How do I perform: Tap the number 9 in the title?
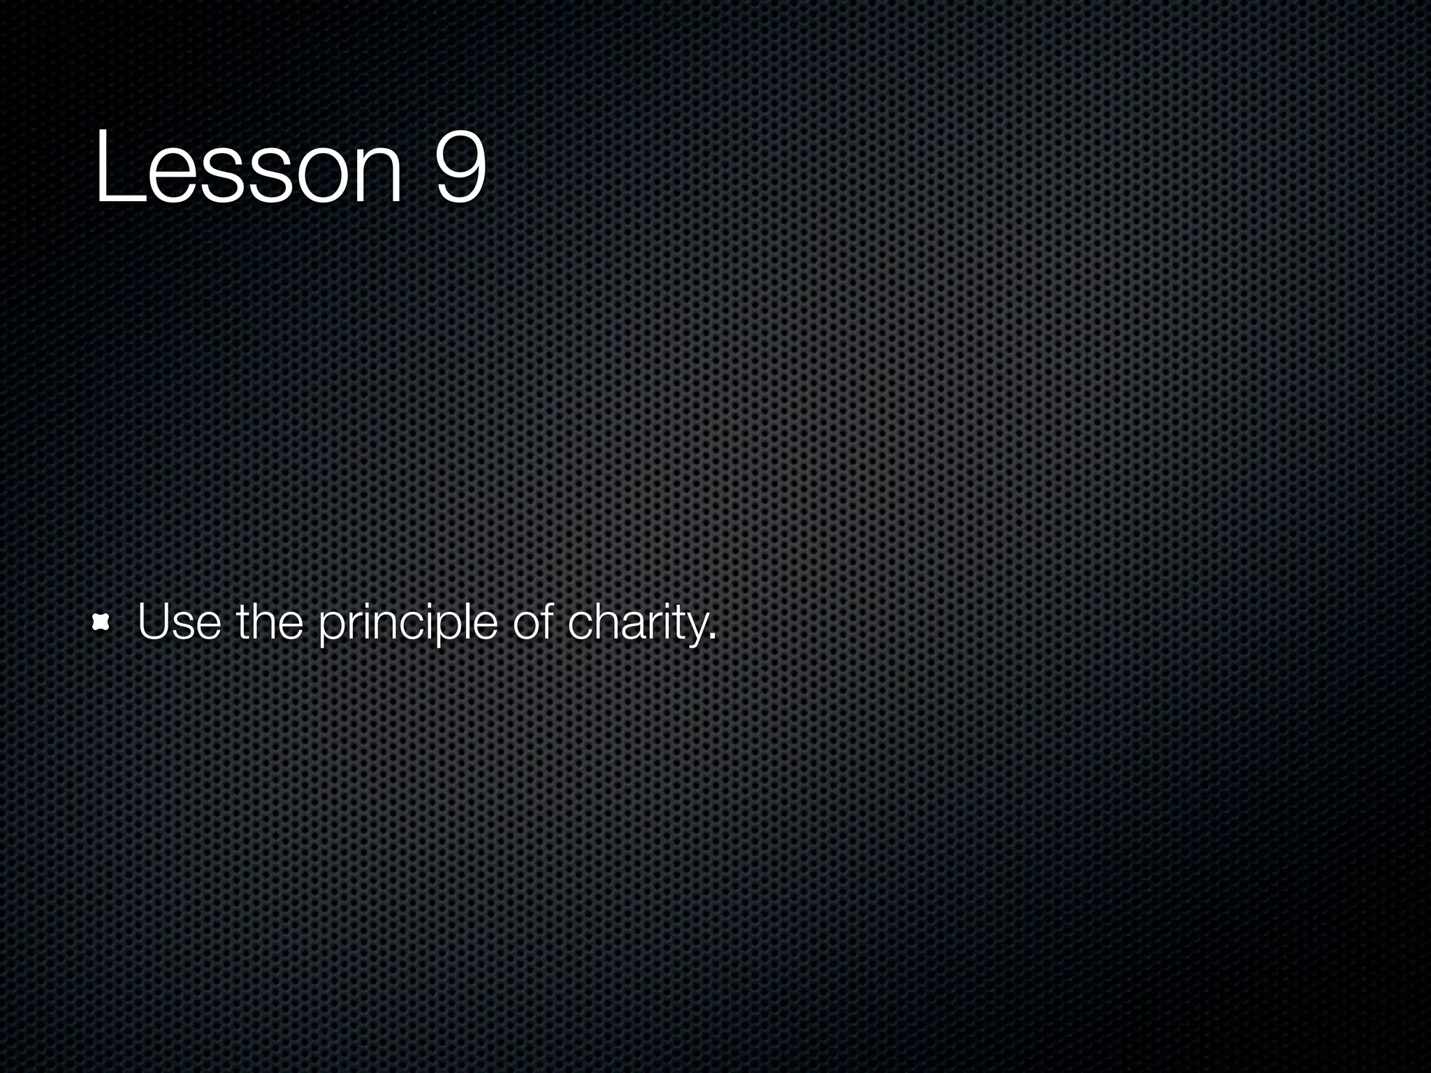[x=460, y=166]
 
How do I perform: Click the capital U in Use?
[x=154, y=621]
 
